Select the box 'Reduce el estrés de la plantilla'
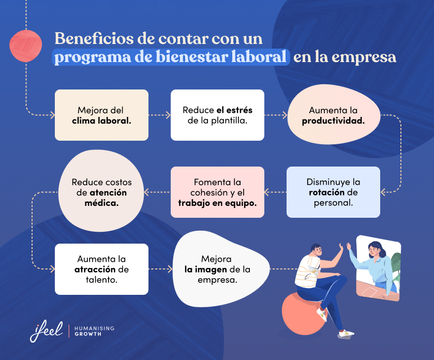217,115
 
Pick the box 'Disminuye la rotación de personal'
333,192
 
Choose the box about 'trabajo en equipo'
217,192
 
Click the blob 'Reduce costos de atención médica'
101,192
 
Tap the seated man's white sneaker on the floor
346,334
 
